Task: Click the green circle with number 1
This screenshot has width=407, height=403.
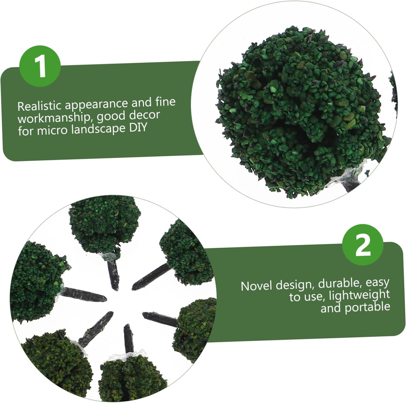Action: pyautogui.click(x=40, y=66)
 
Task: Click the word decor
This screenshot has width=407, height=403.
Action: pyautogui.click(x=144, y=115)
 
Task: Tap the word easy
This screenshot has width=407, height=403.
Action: pyautogui.click(x=377, y=283)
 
